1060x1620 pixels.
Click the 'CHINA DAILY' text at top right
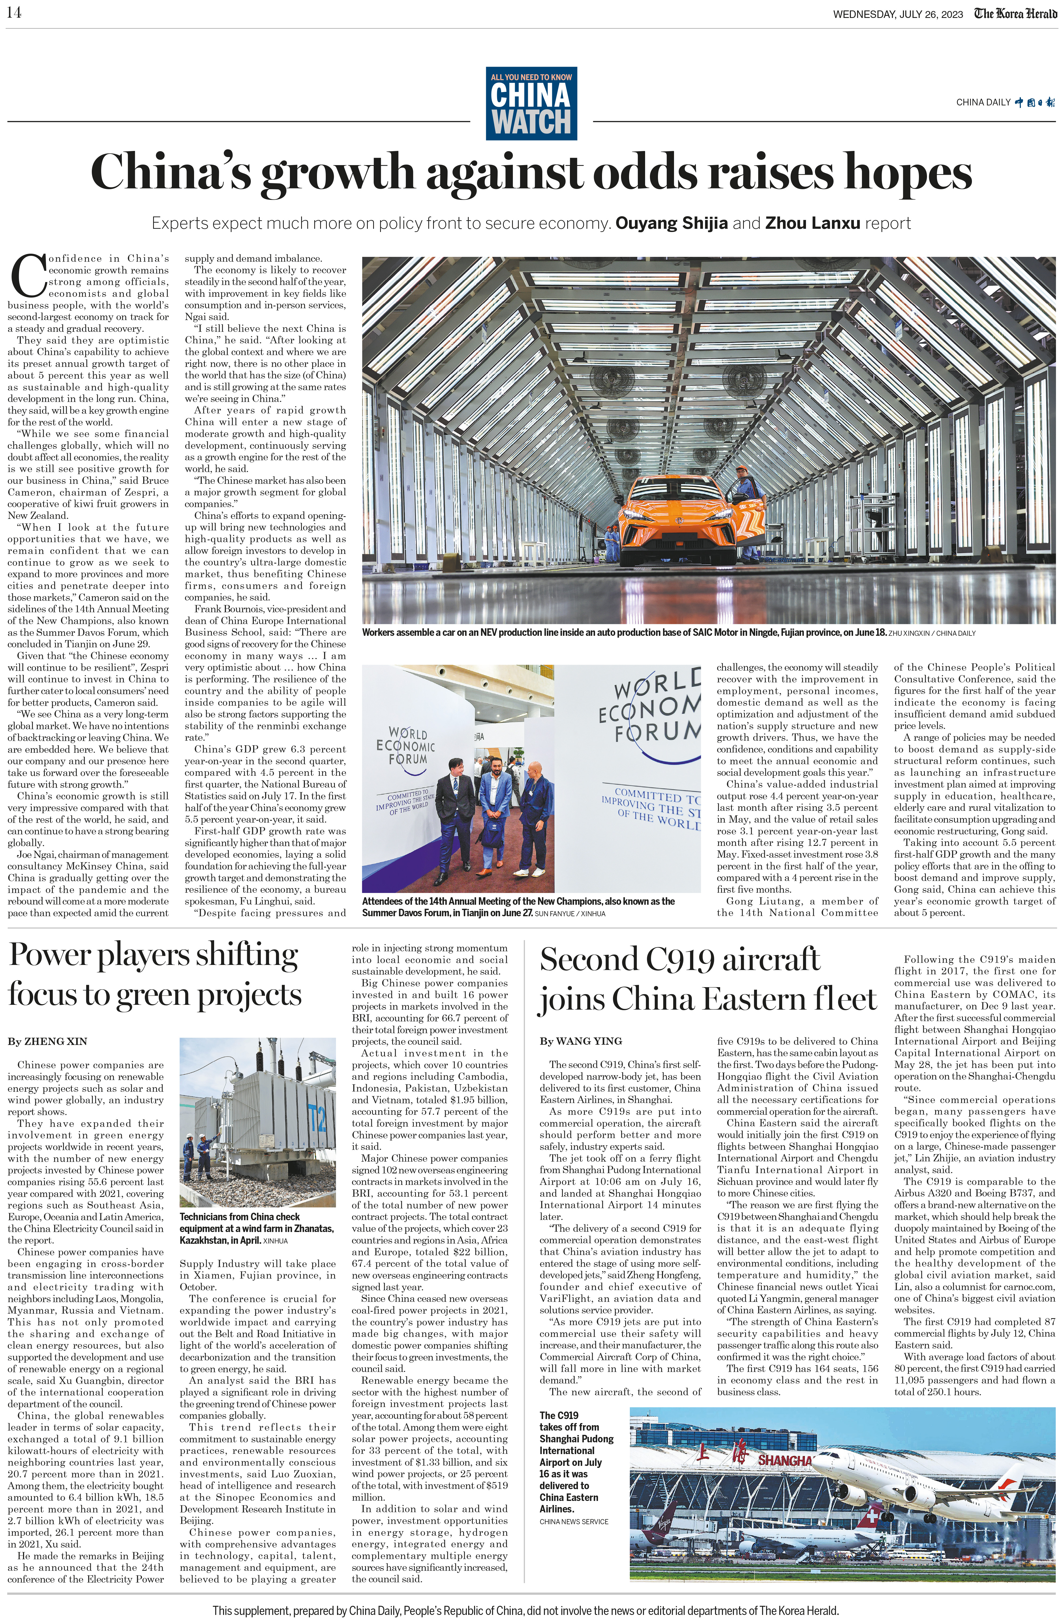[x=983, y=102]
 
